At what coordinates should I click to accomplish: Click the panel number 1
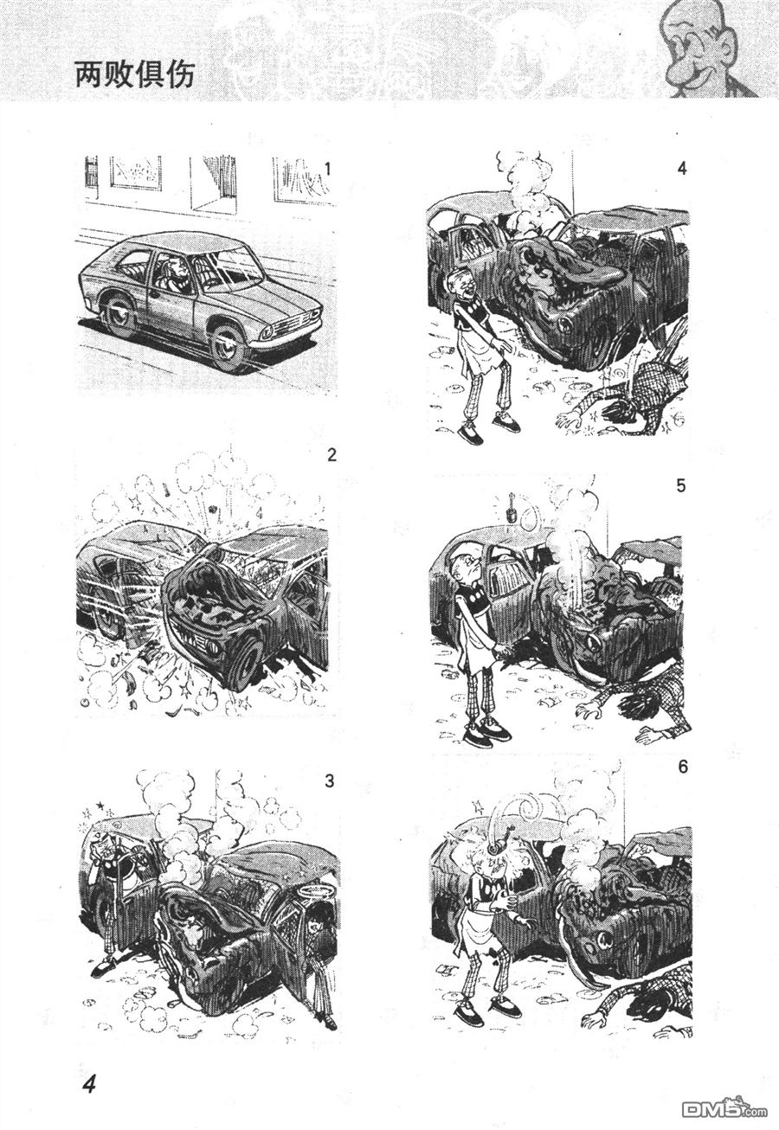(x=328, y=169)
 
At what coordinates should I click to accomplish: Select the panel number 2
(x=332, y=455)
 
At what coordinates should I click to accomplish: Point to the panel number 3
(x=329, y=781)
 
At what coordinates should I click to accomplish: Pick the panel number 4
(x=682, y=168)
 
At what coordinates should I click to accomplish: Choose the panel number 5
(x=681, y=488)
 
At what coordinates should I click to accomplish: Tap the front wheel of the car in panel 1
(x=229, y=348)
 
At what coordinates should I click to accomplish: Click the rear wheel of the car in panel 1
(x=117, y=317)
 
